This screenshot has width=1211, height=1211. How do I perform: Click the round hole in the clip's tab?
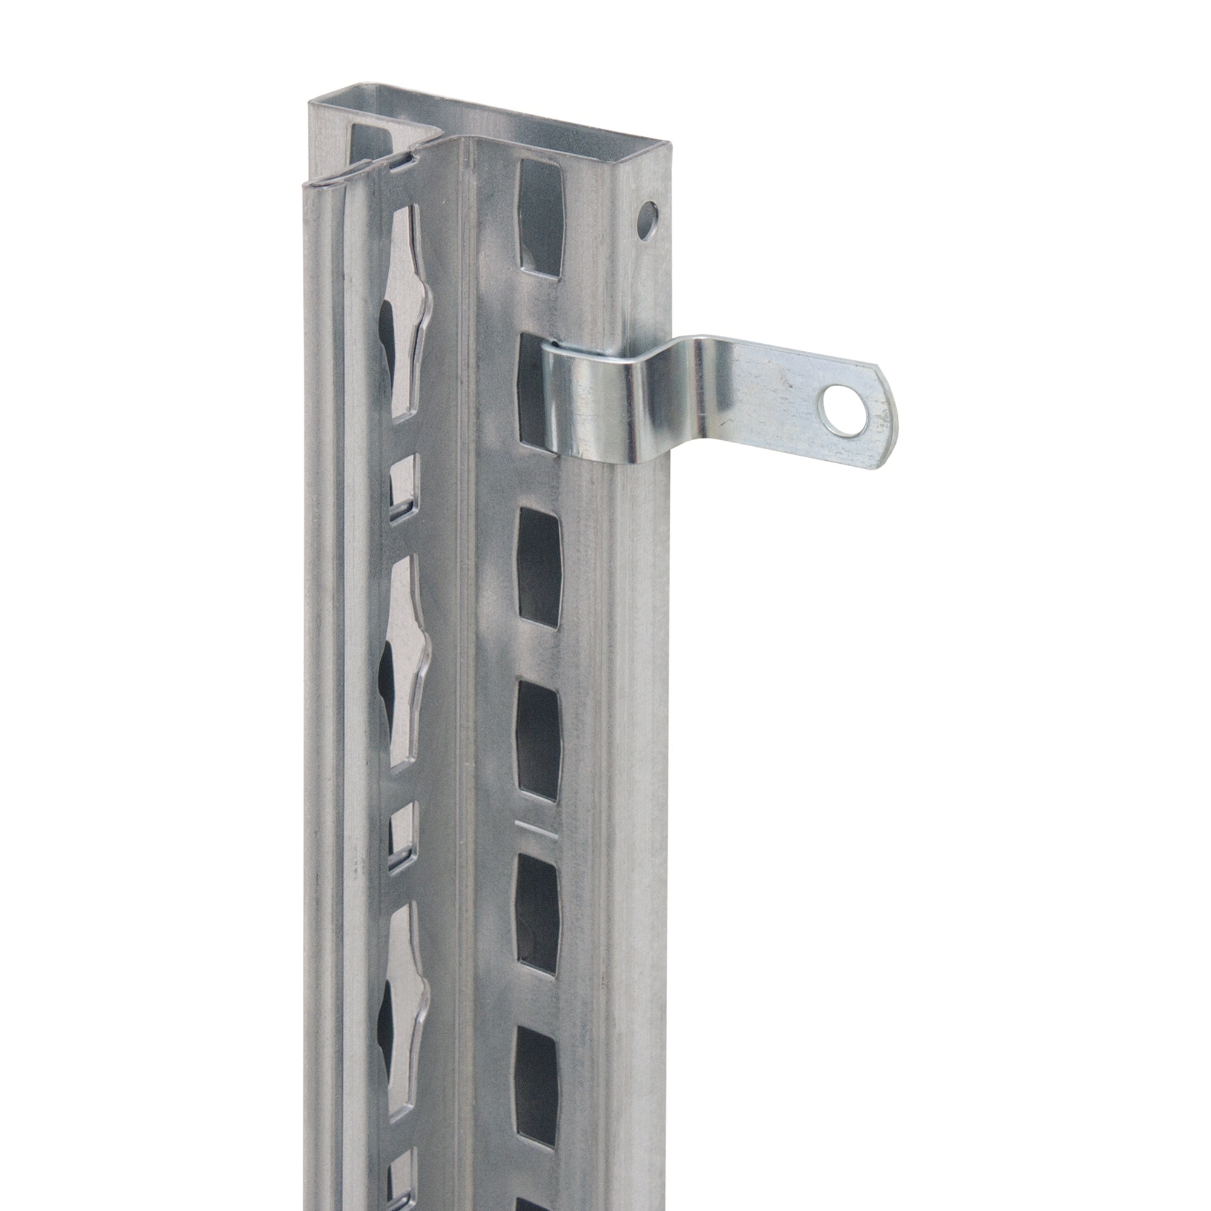(845, 410)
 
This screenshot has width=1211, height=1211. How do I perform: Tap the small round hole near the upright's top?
(648, 220)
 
